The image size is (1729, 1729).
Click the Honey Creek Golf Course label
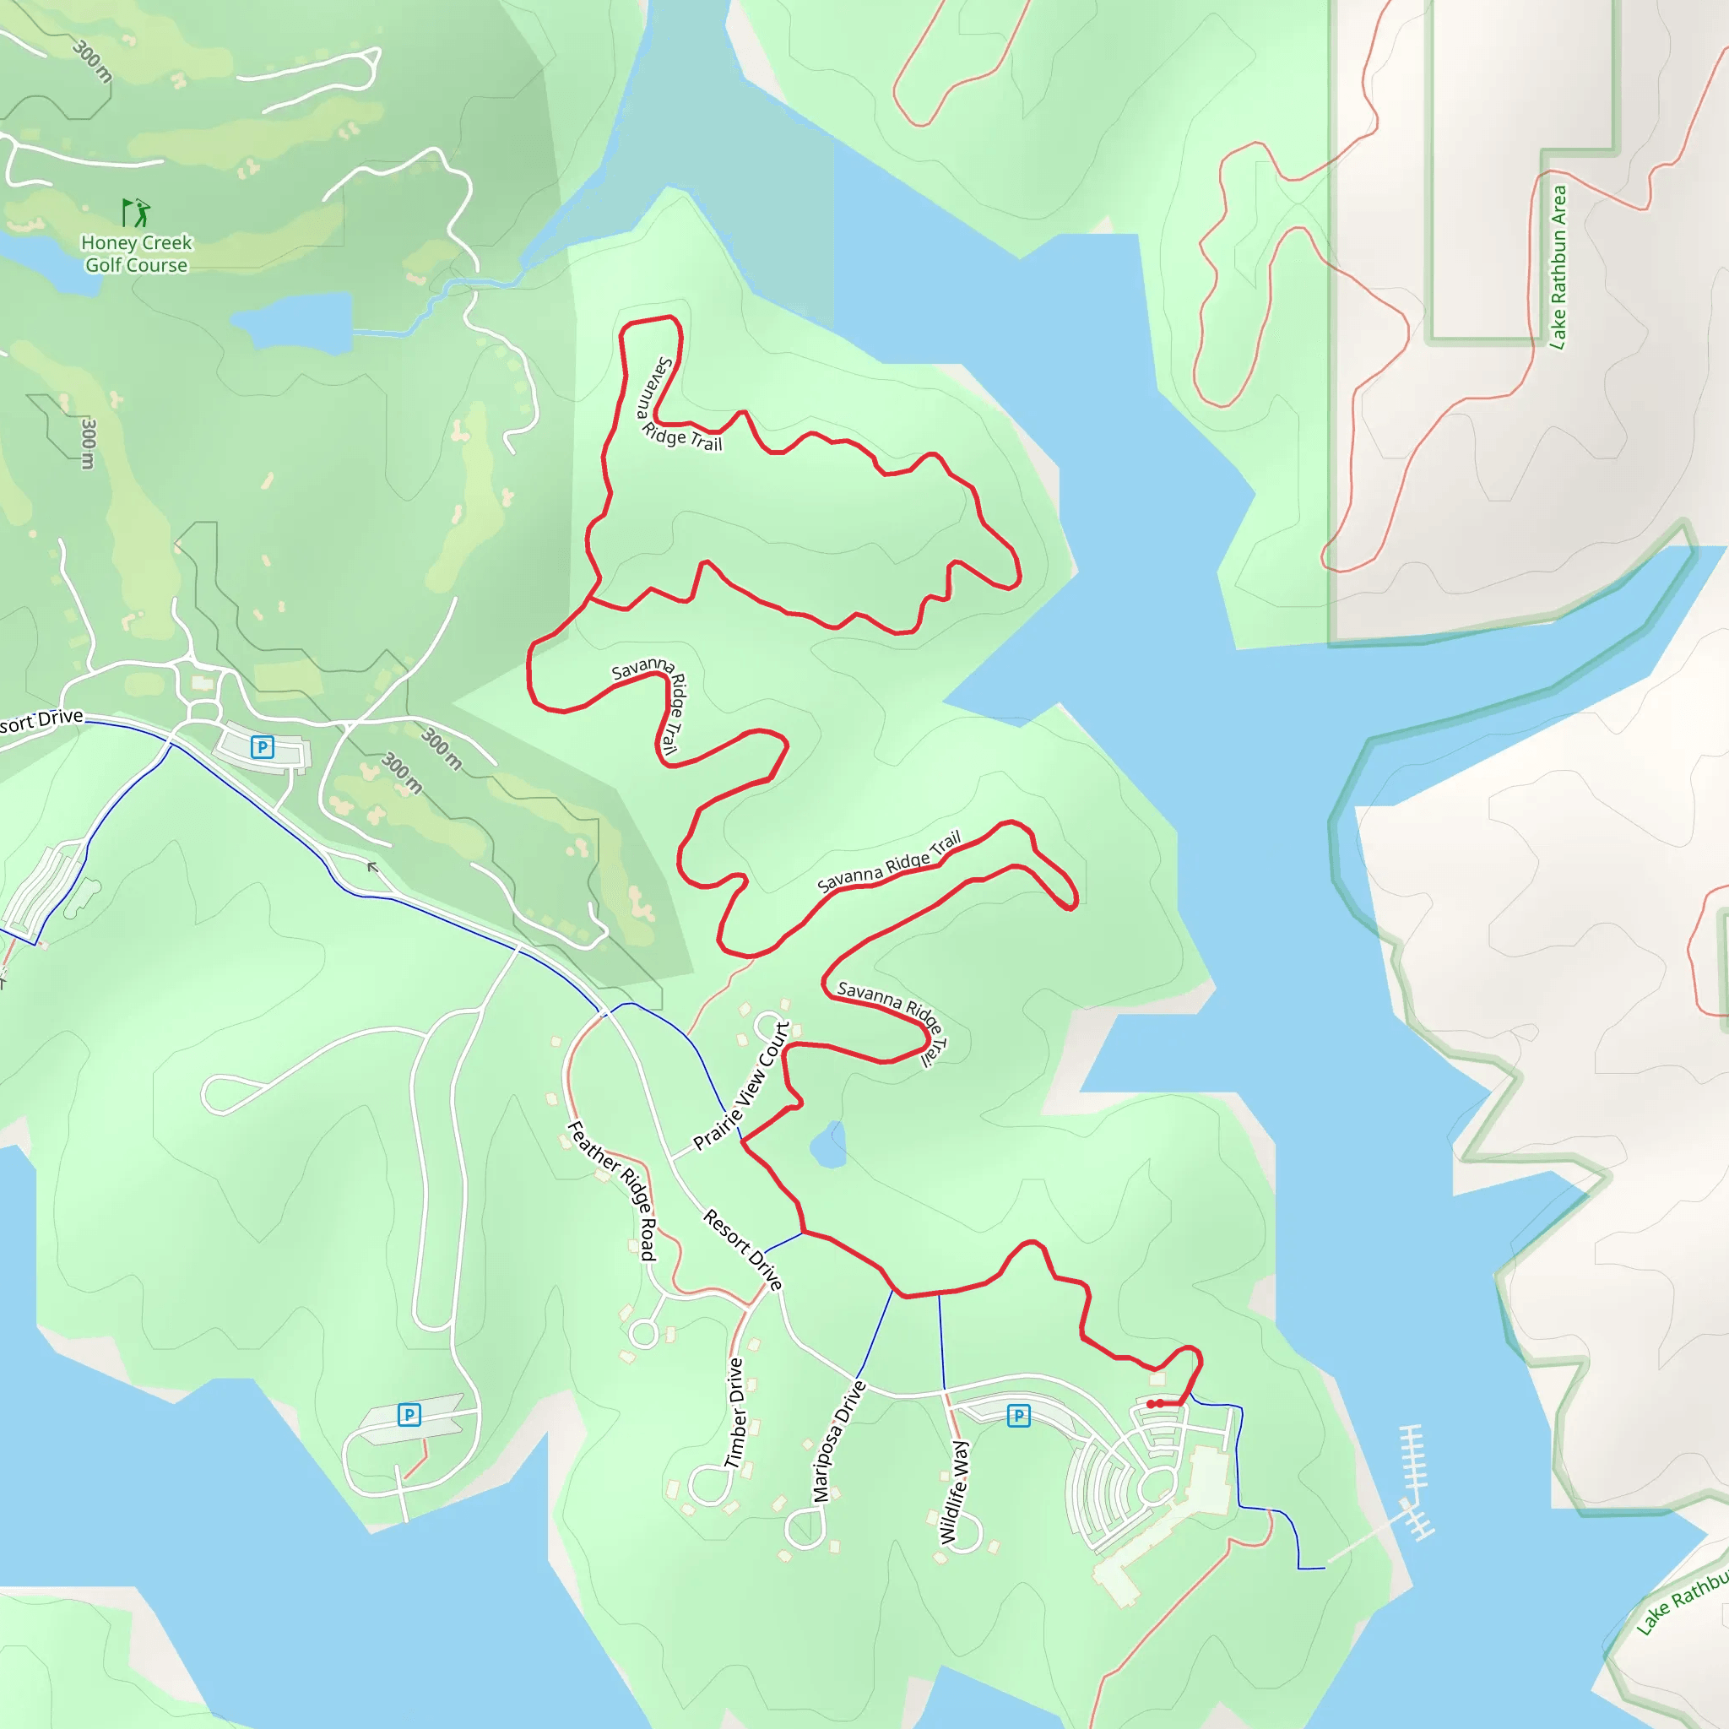click(136, 254)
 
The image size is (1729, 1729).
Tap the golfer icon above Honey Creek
click(136, 213)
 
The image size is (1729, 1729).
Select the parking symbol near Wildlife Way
click(1018, 1416)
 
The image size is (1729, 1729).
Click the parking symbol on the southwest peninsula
click(409, 1415)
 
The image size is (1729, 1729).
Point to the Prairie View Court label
click(742, 1086)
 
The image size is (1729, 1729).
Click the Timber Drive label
click(734, 1413)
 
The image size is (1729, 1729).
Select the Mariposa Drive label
click(838, 1442)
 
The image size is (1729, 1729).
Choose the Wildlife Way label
click(954, 1492)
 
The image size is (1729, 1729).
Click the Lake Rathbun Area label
click(1558, 267)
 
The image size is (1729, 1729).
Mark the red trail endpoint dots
click(1154, 1404)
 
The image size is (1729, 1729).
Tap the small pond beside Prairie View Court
click(829, 1146)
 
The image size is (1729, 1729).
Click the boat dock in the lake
click(1414, 1482)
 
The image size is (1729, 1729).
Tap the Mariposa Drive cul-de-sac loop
click(805, 1526)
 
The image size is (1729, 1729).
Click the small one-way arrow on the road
click(372, 866)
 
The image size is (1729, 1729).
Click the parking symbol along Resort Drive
click(263, 746)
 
